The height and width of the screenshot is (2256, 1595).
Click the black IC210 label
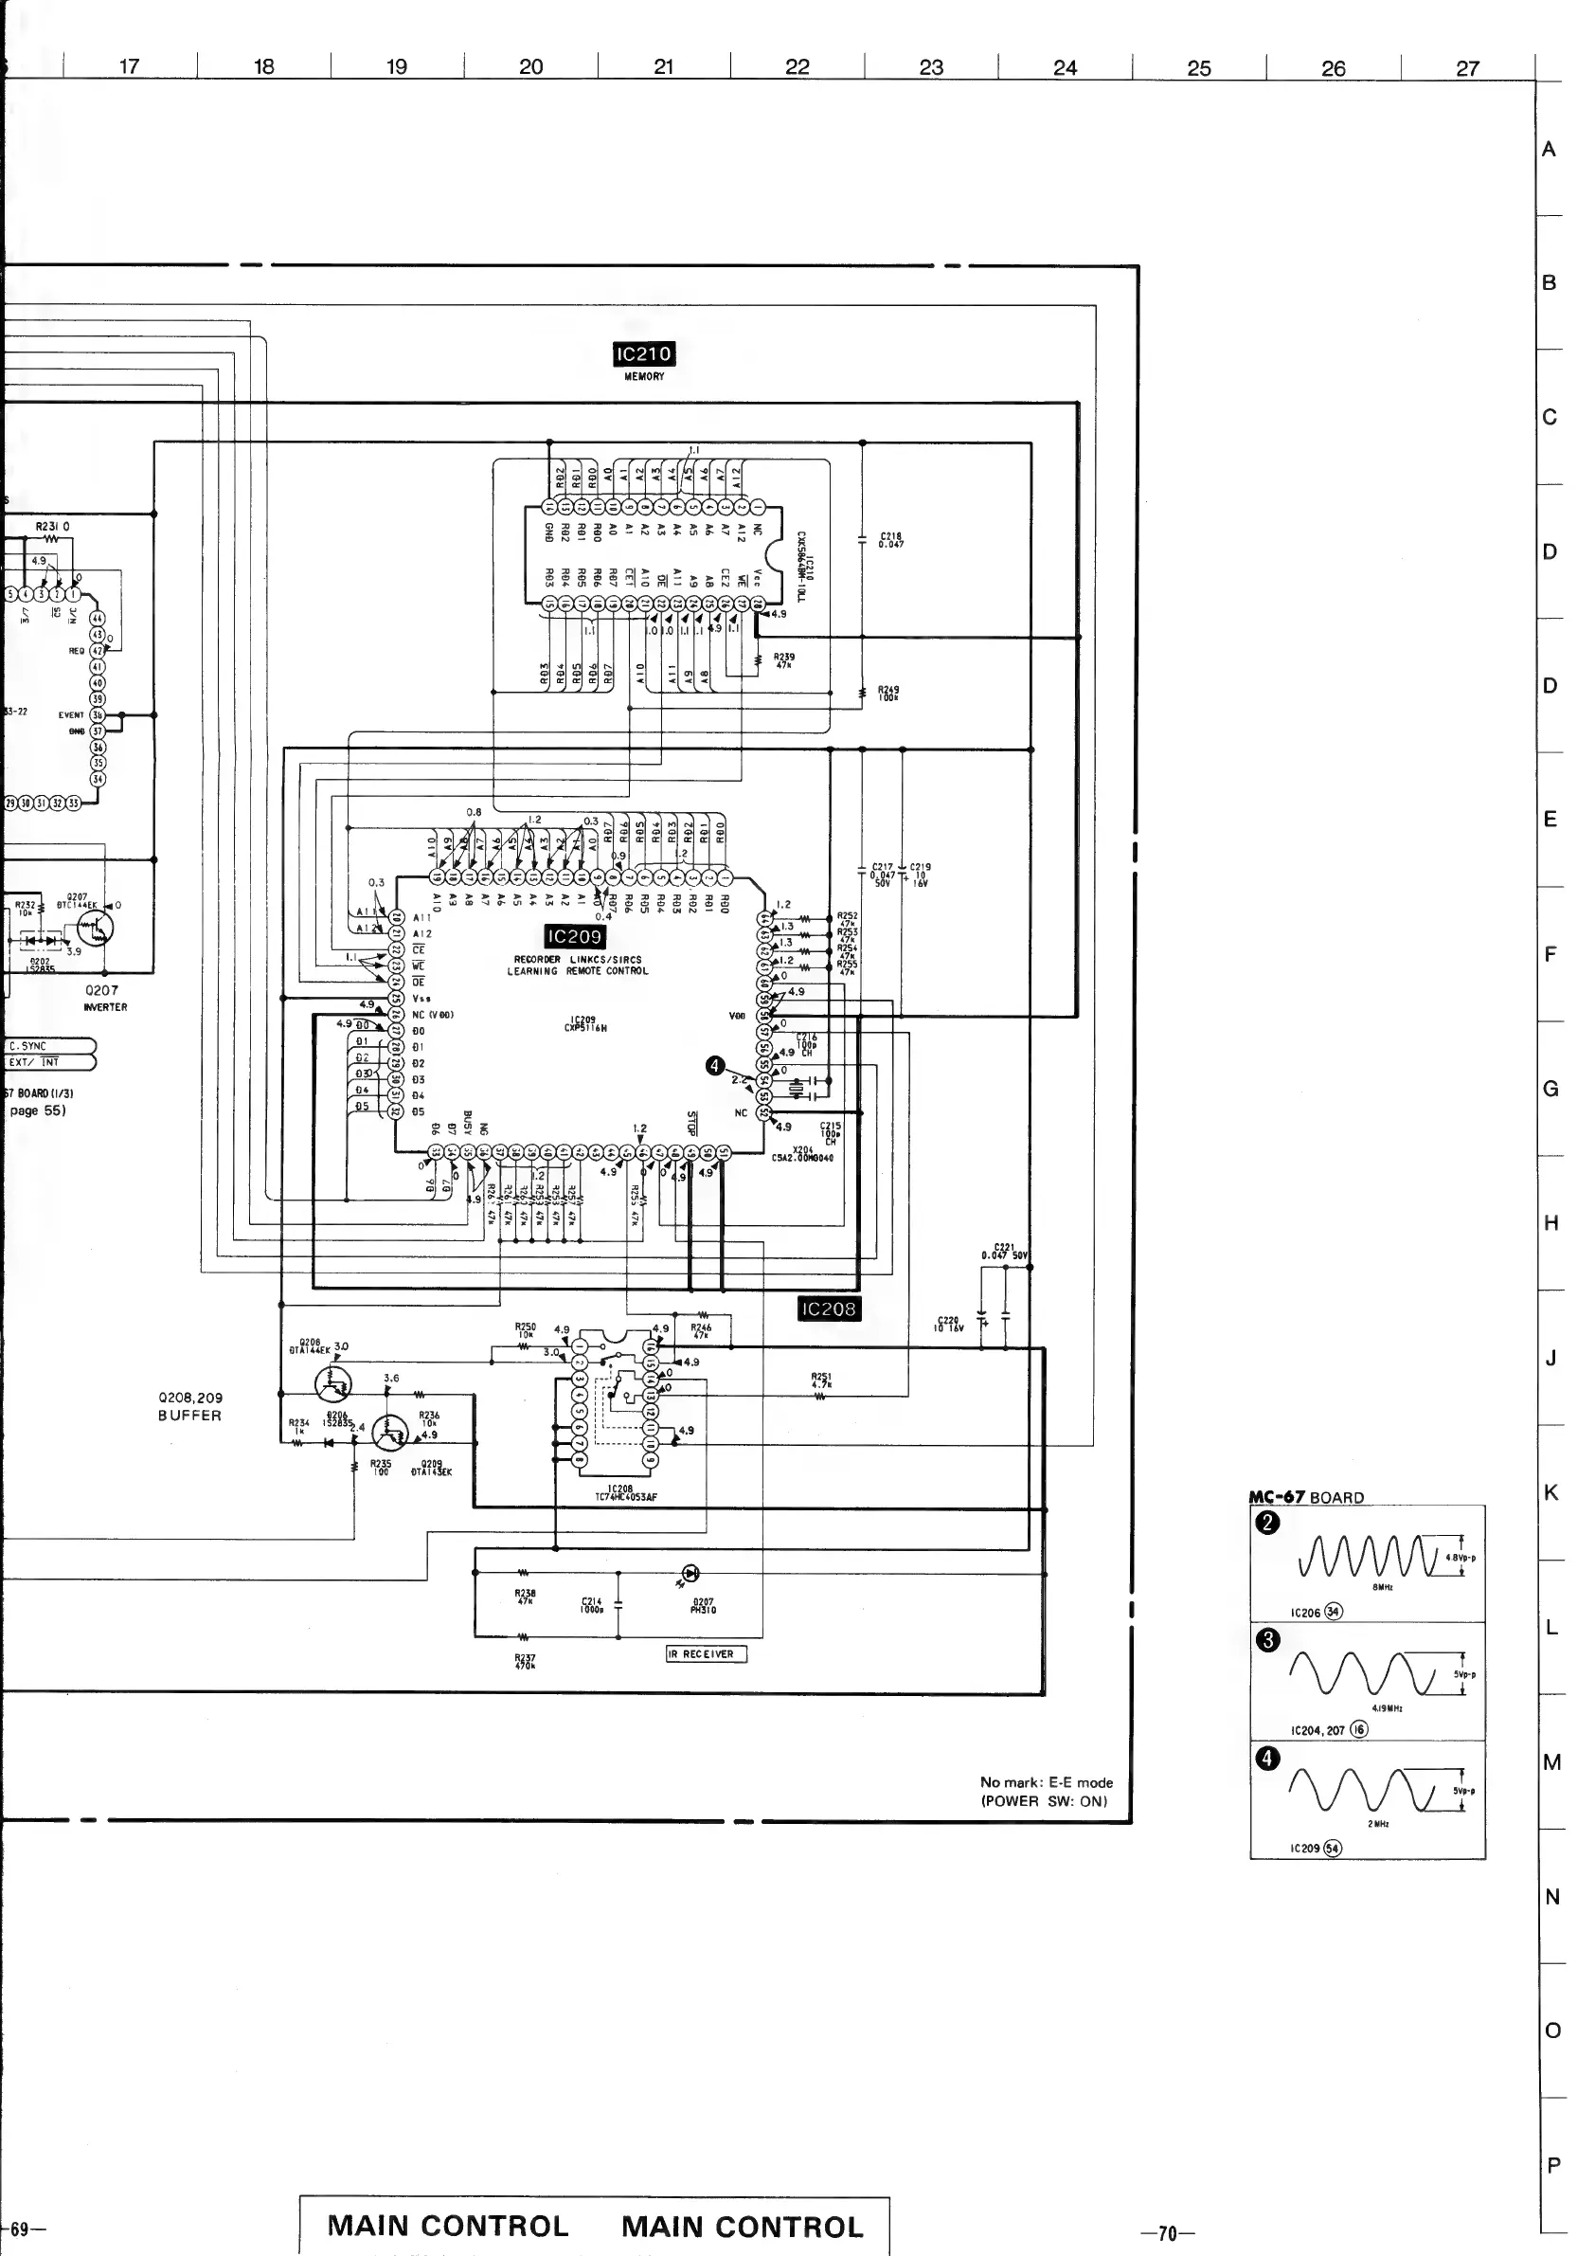click(x=643, y=353)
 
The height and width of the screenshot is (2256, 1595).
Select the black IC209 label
click(x=575, y=936)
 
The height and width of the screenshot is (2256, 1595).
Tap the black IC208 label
click(x=829, y=1308)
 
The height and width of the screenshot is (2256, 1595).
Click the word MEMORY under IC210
click(x=644, y=376)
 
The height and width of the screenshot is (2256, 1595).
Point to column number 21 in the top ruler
click(x=664, y=67)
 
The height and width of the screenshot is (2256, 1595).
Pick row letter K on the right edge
click(x=1550, y=1492)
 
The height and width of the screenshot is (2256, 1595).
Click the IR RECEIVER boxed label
click(x=708, y=1653)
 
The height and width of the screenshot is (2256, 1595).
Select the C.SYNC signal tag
click(x=29, y=1046)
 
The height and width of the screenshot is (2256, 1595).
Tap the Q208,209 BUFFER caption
click(x=190, y=1406)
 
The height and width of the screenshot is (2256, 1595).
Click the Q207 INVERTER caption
click(x=103, y=998)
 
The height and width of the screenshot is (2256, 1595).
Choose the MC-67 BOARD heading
click(x=1306, y=1497)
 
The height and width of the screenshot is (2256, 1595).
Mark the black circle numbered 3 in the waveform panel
click(x=1268, y=1640)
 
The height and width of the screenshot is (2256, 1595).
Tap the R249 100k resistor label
click(x=887, y=694)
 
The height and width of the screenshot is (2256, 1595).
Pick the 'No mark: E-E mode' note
click(x=1046, y=1781)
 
